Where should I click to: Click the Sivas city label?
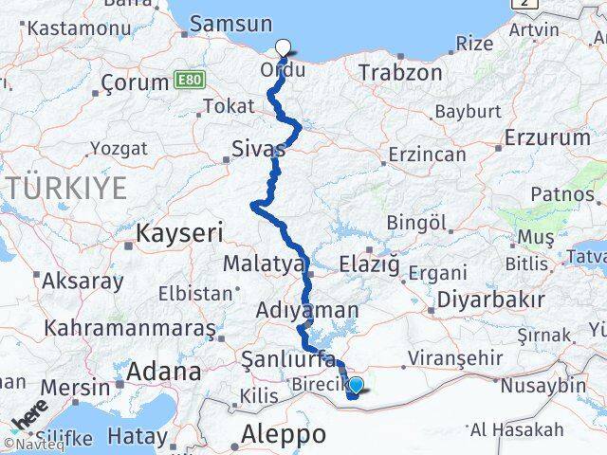259,149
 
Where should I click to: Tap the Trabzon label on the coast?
400,72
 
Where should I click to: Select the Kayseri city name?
179,232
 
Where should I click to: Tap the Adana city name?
166,371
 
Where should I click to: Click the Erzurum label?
546,137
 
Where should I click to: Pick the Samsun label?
232,24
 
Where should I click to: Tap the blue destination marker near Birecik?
357,386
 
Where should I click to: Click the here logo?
30,417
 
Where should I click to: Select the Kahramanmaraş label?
130,329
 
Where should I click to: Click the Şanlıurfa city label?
288,359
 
